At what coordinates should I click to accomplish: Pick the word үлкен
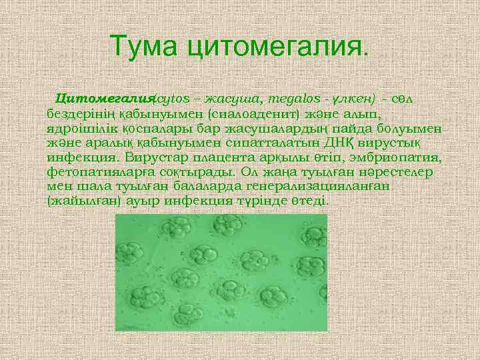click(353, 99)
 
